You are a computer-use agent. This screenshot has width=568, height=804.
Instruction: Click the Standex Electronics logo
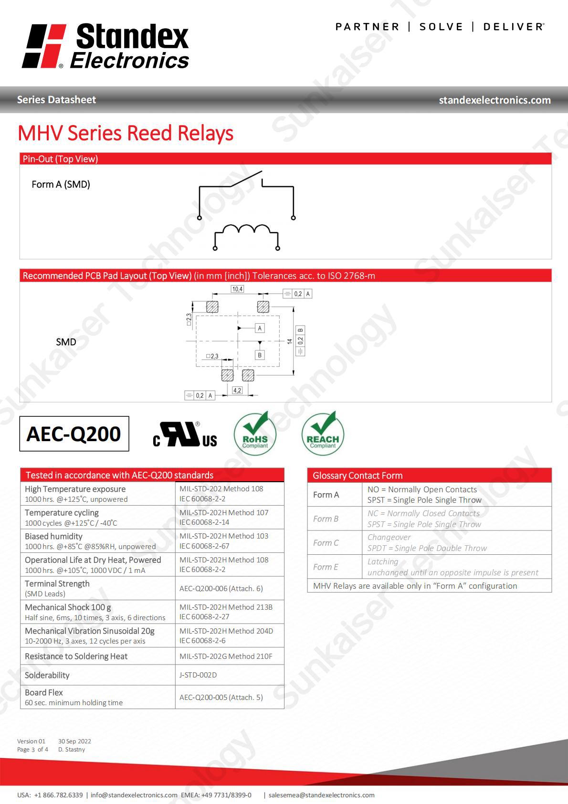[105, 46]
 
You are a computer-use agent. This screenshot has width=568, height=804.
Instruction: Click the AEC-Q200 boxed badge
[74, 434]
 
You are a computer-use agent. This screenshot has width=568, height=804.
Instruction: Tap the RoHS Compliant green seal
[255, 434]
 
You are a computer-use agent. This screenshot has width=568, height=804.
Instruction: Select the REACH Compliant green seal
[323, 434]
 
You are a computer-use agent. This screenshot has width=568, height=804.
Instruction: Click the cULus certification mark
[185, 434]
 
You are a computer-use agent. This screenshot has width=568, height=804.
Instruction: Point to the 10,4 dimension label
[237, 289]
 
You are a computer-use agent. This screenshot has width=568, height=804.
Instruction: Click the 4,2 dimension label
[237, 391]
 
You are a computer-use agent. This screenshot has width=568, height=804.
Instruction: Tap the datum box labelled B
[260, 355]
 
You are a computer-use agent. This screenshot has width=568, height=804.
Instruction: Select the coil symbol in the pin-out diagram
[246, 231]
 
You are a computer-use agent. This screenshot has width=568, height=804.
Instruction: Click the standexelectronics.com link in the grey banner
[494, 100]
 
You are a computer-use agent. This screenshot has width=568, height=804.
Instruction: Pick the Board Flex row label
[44, 692]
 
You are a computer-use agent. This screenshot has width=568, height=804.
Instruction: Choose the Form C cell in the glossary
[326, 543]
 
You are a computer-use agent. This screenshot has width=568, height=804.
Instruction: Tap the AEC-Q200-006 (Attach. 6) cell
[221, 589]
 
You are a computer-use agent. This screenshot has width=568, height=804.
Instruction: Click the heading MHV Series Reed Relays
[126, 133]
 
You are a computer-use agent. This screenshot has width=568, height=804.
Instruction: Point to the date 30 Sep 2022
[74, 741]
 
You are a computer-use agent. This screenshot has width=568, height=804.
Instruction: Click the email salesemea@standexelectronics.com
[321, 795]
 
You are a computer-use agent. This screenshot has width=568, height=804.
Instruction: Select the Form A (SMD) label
[61, 184]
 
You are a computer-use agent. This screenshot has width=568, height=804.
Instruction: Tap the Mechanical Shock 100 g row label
[68, 607]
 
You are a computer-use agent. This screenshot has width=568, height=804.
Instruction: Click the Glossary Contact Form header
[358, 476]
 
